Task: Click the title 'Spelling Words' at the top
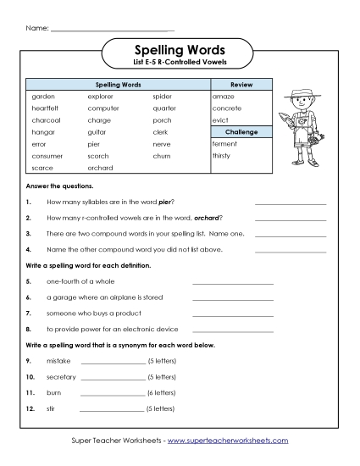[x=180, y=50]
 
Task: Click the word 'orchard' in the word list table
[x=99, y=168]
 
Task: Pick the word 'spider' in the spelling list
[x=162, y=97]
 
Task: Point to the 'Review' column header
[x=242, y=86]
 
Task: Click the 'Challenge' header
[x=242, y=132]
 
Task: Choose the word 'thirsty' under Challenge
[x=221, y=156]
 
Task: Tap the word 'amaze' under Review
[x=223, y=97]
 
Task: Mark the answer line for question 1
[x=290, y=203]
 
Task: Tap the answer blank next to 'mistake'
[x=113, y=362]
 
